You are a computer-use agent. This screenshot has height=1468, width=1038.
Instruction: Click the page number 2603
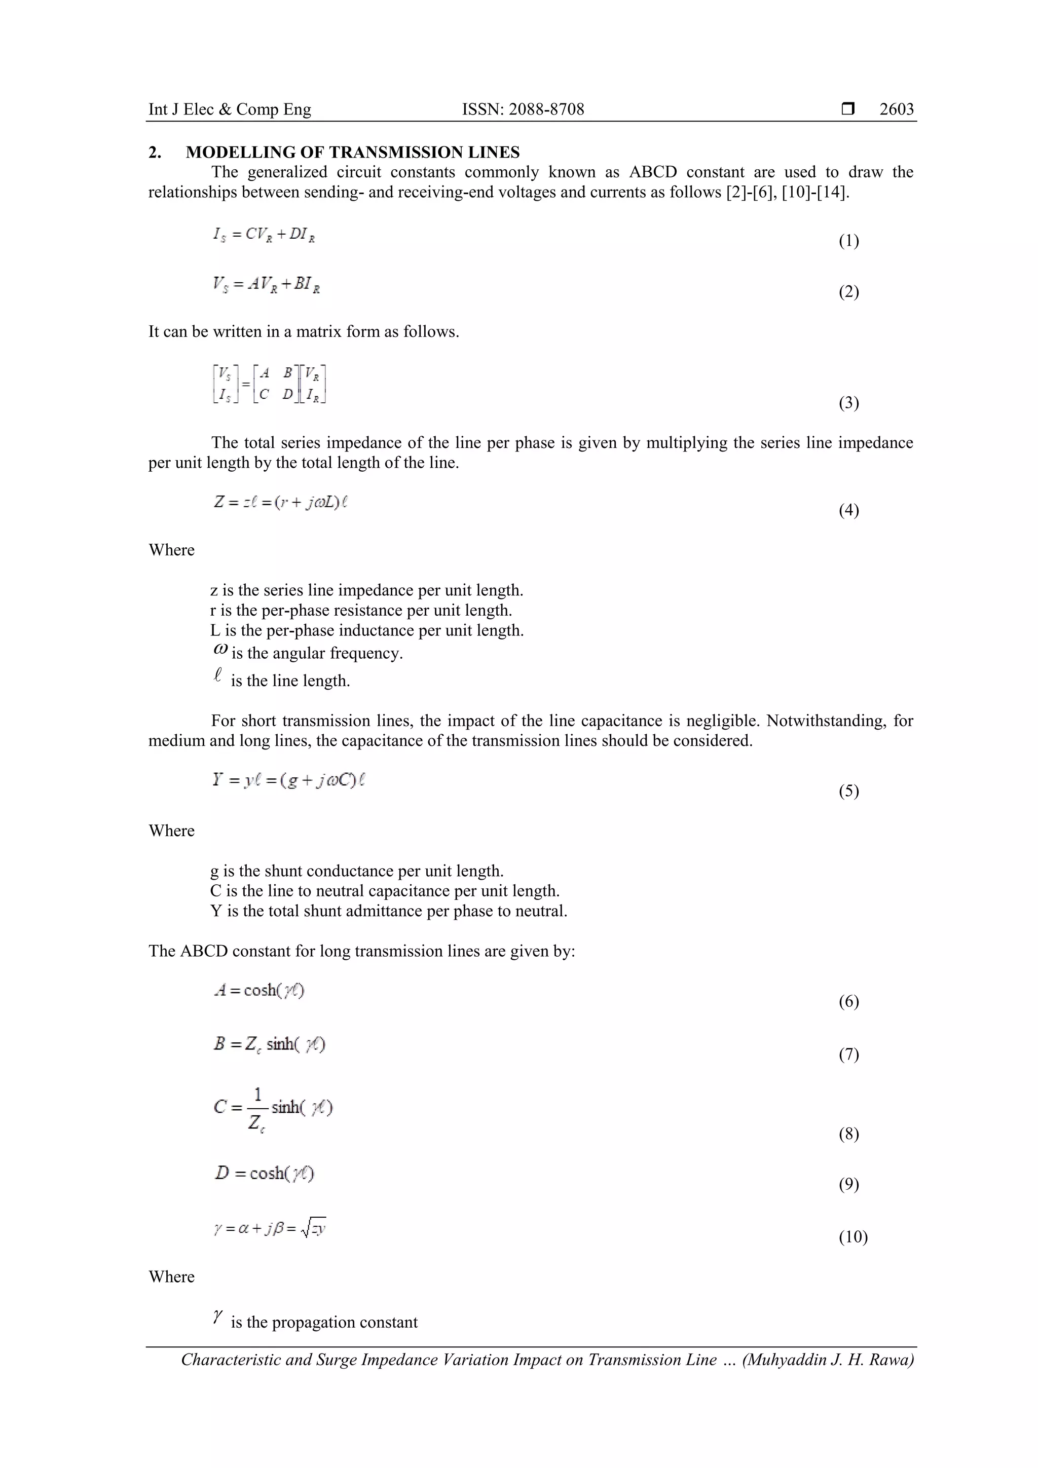pos(896,109)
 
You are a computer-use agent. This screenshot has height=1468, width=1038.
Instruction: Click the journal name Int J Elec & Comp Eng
pos(230,109)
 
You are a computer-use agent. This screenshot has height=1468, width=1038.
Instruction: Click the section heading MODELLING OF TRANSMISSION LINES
pos(352,152)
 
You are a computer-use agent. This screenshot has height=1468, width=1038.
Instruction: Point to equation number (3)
pos(848,403)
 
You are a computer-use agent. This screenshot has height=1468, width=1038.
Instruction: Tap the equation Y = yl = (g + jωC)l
pos(288,780)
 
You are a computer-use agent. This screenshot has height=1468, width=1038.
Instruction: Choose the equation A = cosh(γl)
pos(259,990)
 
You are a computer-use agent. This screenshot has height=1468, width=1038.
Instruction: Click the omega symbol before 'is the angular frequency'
pos(220,650)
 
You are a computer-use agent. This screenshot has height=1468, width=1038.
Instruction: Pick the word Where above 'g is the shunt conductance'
pos(171,831)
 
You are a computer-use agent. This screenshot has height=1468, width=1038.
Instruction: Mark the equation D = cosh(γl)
pos(264,1173)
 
